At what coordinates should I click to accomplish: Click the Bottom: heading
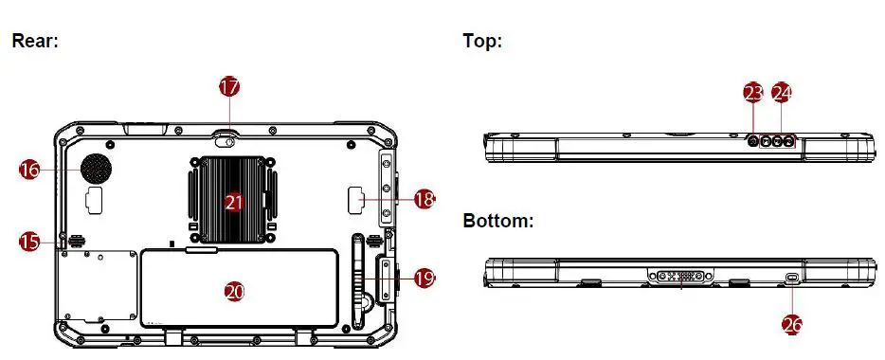point(498,221)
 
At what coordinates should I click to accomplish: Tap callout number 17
point(229,86)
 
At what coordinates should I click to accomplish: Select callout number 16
point(30,170)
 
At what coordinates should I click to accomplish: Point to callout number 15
point(30,243)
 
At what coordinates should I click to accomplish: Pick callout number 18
point(424,199)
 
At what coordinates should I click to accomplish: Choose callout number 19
point(424,279)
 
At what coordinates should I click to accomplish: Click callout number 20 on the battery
point(234,291)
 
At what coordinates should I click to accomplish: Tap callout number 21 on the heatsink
point(234,201)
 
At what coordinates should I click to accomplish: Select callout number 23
point(753,92)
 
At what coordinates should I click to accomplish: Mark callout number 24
point(782,92)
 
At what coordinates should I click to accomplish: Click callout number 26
point(792,324)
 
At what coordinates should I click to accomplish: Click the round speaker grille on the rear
point(95,169)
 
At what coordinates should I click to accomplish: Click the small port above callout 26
point(793,277)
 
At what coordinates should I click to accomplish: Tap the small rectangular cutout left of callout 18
point(358,200)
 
